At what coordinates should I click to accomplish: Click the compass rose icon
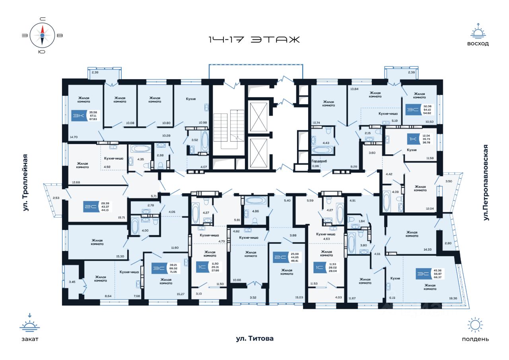(42, 35)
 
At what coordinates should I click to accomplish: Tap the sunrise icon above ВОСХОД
(478, 31)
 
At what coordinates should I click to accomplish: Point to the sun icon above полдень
(475, 325)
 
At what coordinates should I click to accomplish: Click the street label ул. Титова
(254, 339)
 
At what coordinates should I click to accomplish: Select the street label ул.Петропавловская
(486, 183)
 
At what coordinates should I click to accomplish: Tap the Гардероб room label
(319, 161)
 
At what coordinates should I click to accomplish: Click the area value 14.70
(74, 136)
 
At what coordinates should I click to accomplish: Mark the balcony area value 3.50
(449, 181)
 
